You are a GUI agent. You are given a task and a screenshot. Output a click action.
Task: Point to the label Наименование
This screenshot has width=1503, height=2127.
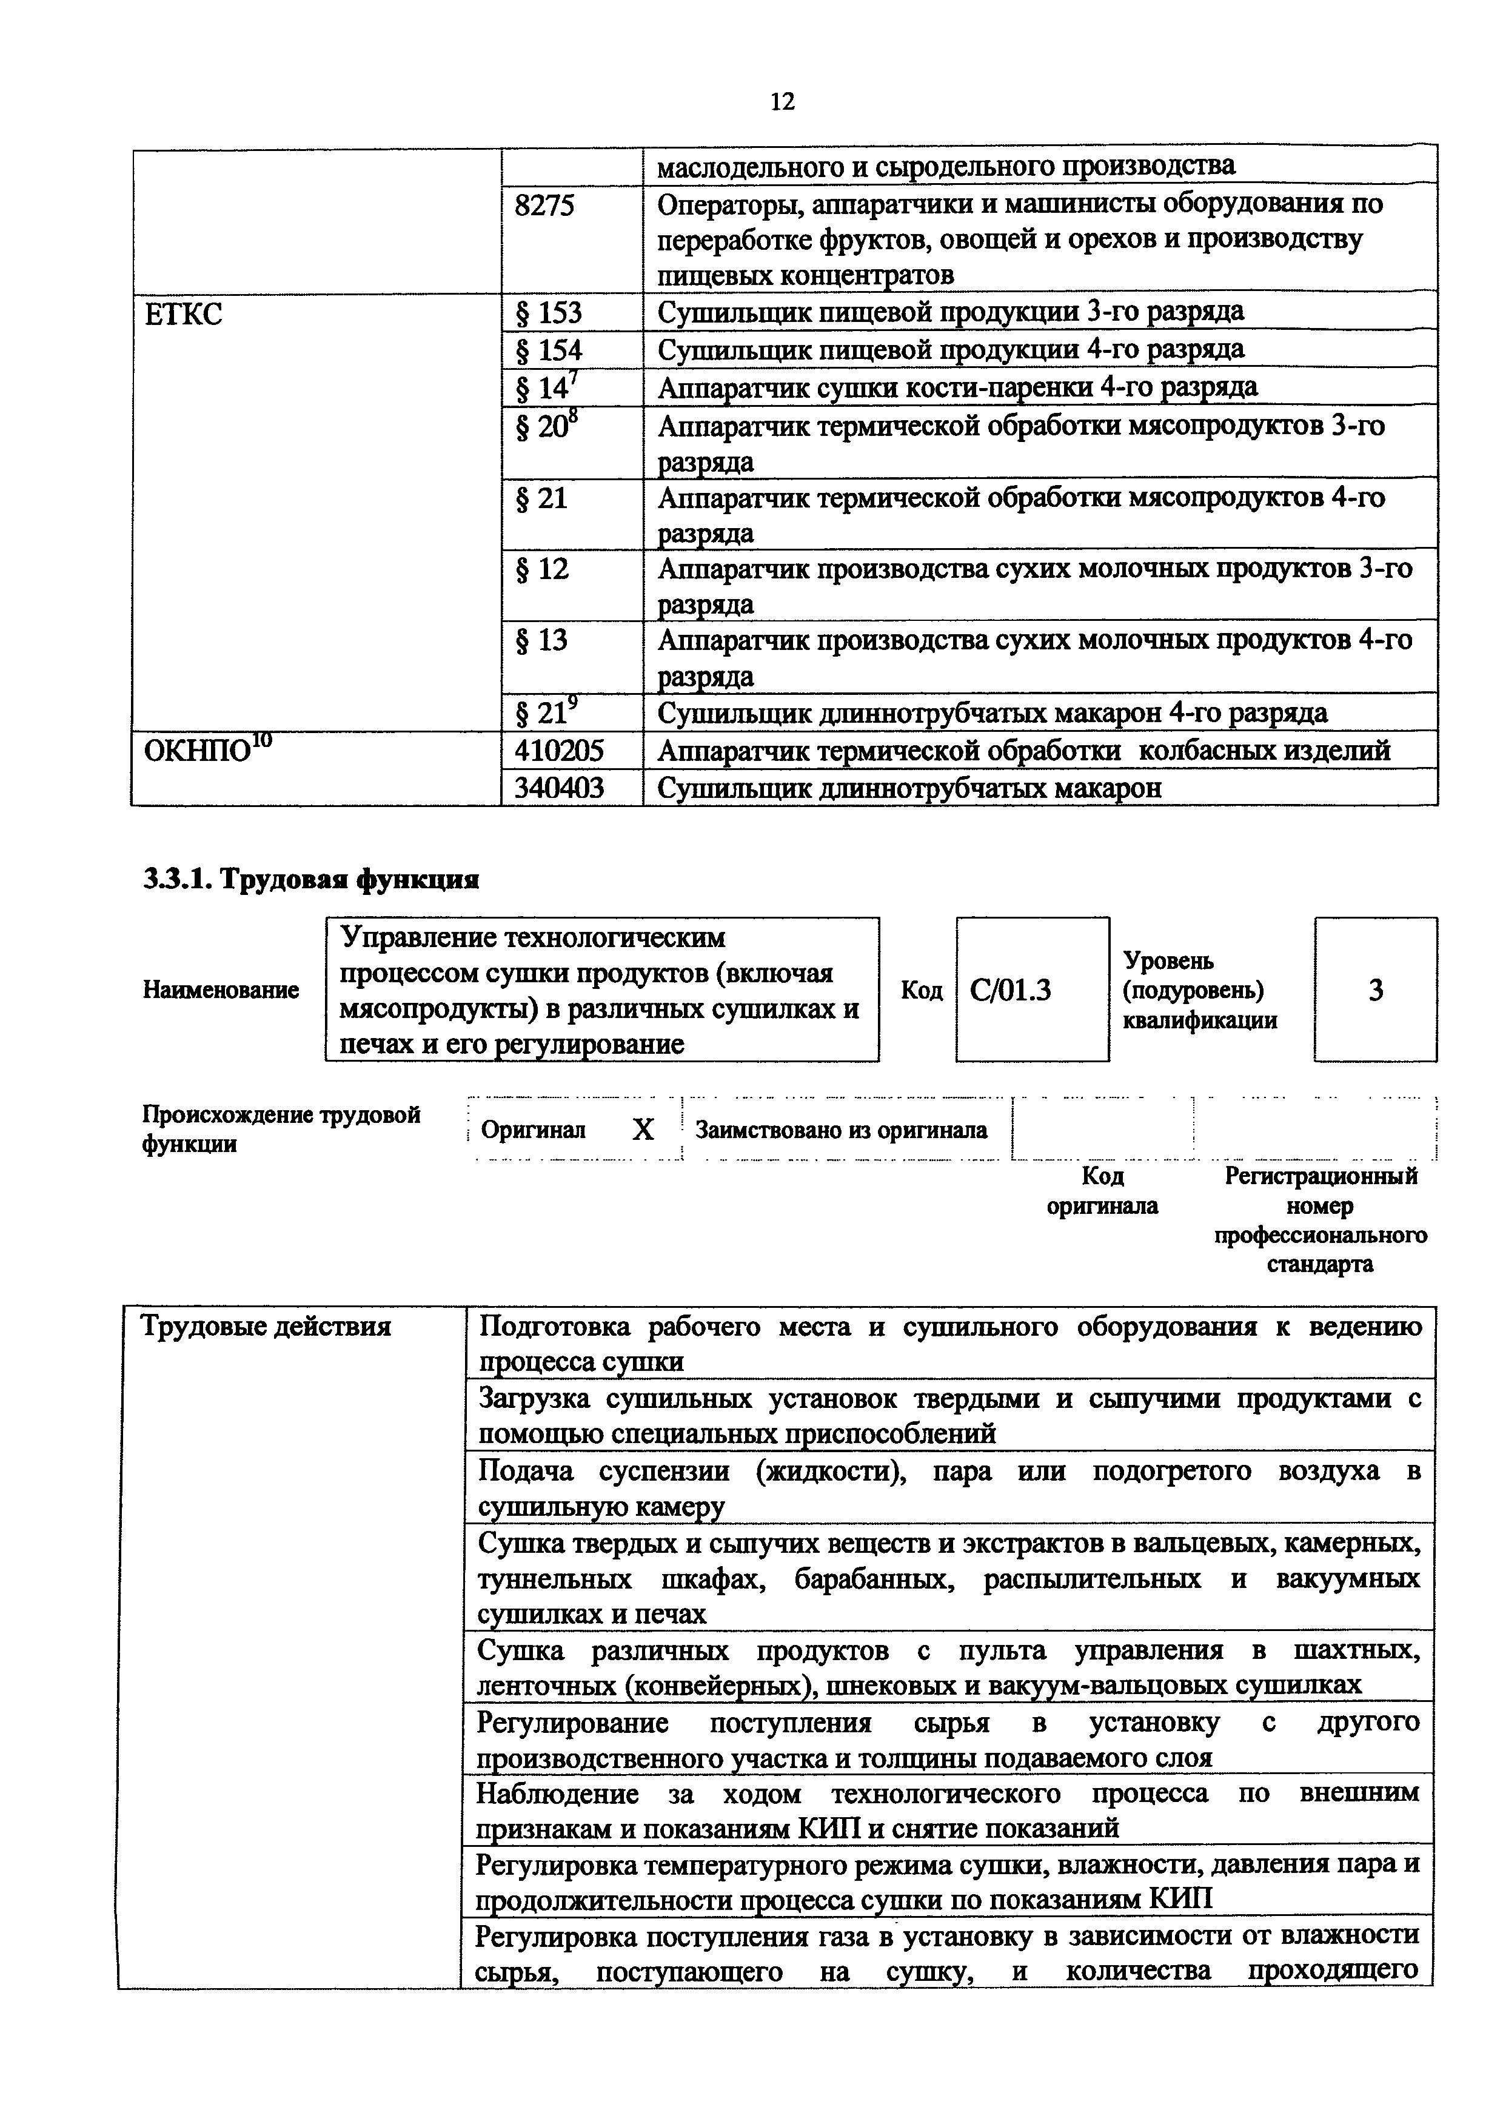point(221,990)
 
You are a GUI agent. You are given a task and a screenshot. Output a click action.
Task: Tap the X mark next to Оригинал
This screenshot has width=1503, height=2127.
point(643,1129)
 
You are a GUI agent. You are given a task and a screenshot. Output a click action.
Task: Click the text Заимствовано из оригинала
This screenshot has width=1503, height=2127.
point(841,1130)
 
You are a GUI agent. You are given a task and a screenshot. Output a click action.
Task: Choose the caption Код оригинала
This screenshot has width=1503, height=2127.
point(1102,1190)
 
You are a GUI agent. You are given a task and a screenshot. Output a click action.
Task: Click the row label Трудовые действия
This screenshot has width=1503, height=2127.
point(265,1327)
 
